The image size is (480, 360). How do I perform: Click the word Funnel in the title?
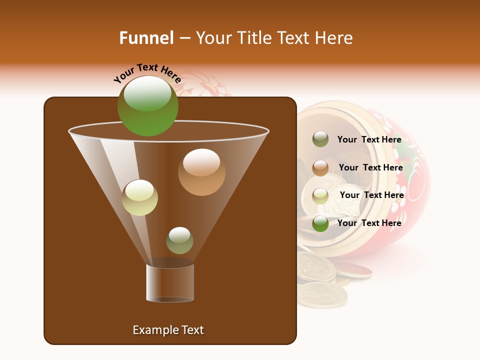146,38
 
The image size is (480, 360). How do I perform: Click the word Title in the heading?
254,38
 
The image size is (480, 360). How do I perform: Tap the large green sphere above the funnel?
147,106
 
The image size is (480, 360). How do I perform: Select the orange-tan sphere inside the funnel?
201,172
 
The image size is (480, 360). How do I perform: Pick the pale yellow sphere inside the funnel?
139,197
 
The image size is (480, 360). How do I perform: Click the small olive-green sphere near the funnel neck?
179,240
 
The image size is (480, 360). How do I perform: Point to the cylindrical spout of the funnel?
170,282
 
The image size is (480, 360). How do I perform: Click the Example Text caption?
168,330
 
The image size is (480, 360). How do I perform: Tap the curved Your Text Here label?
147,73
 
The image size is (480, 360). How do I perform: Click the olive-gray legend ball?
320,139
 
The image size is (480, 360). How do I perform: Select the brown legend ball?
320,168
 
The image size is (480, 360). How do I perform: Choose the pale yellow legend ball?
320,196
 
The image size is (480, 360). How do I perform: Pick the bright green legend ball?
320,223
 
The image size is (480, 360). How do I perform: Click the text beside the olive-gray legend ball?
369,140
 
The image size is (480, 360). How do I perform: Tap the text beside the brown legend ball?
370,167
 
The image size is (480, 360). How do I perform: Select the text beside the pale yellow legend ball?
371,195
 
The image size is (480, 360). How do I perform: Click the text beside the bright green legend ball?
369,223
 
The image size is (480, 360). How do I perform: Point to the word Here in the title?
335,38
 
